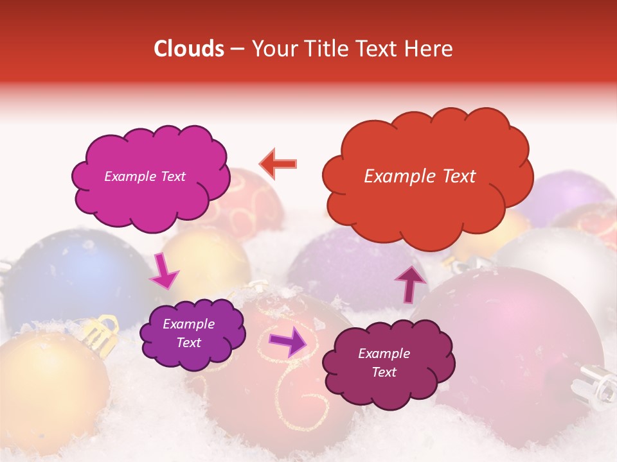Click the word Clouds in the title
click(189, 49)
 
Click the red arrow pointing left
click(278, 164)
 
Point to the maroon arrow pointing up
click(411, 283)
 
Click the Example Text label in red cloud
click(420, 176)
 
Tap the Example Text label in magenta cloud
click(145, 176)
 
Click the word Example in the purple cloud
click(188, 324)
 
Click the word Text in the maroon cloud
click(384, 372)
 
